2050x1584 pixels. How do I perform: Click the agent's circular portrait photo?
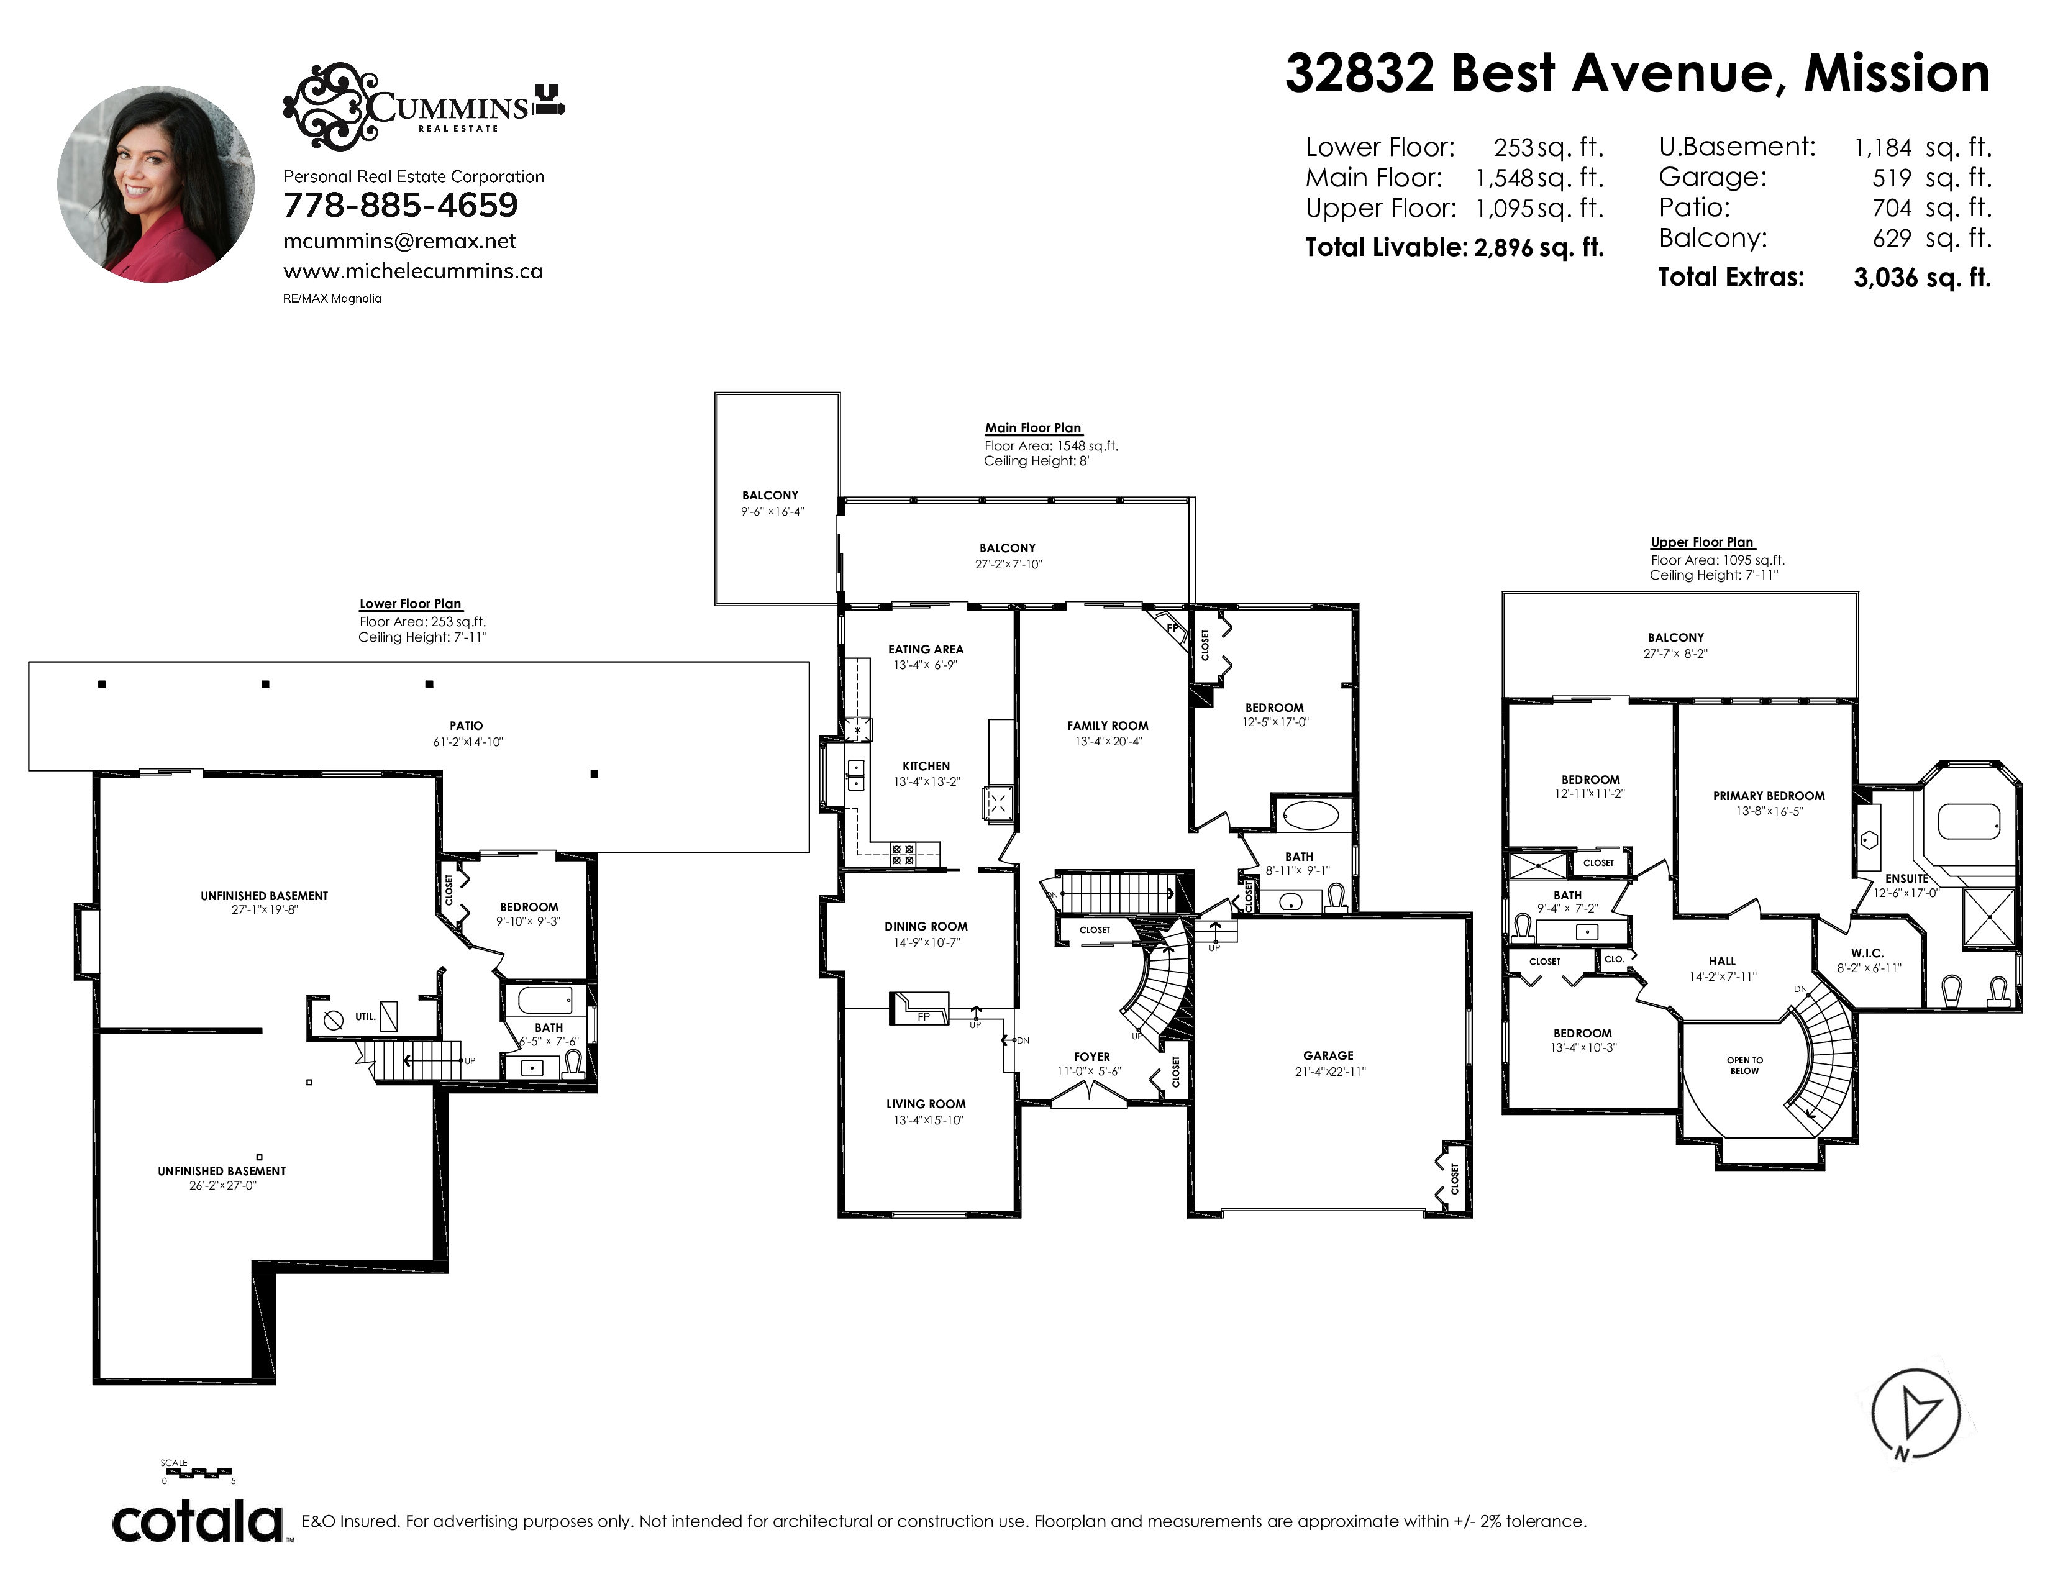[156, 184]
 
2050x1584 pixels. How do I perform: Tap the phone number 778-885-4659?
[401, 204]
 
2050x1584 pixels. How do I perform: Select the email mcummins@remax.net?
[400, 241]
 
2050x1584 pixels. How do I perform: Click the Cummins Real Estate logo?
[424, 104]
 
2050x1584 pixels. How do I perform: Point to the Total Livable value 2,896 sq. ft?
[1539, 248]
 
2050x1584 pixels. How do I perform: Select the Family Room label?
[1108, 726]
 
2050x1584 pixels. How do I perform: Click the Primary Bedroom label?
[1769, 796]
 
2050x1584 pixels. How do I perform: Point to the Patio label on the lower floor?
[467, 726]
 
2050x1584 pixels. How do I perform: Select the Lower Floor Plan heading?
[410, 603]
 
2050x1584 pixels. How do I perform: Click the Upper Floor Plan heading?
[1701, 542]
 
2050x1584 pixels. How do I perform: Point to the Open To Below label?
[1745, 1065]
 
